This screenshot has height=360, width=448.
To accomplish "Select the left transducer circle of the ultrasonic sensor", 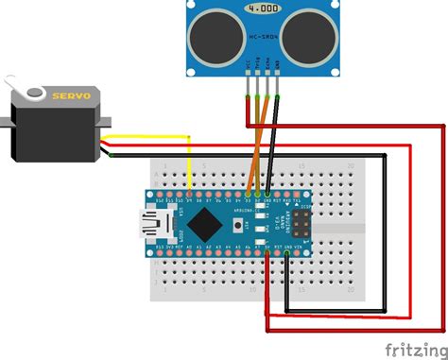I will pyautogui.click(x=207, y=35).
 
